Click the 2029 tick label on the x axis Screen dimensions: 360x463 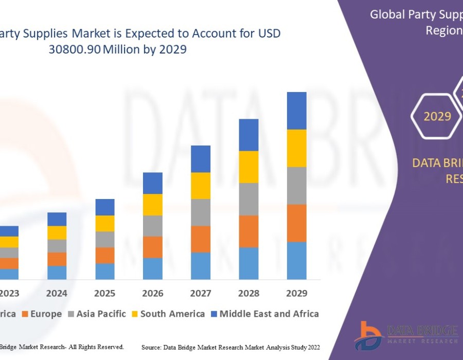(x=296, y=293)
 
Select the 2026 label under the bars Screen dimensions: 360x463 (x=153, y=293)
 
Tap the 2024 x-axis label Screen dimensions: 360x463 (x=57, y=293)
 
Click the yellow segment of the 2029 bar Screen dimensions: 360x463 (x=296, y=148)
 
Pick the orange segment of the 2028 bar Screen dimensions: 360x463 (x=248, y=231)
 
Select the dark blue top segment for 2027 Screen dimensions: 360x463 (x=201, y=158)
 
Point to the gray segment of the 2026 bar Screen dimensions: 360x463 (x=153, y=225)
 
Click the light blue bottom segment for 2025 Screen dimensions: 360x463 (x=105, y=271)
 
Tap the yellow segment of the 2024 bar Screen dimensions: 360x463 (x=57, y=232)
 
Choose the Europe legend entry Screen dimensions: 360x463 (x=44, y=314)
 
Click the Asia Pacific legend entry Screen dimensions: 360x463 (x=101, y=314)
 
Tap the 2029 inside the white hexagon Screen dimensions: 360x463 (x=437, y=116)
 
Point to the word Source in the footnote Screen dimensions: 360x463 (x=153, y=348)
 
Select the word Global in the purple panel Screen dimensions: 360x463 (x=387, y=14)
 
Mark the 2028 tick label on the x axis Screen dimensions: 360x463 (x=248, y=293)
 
